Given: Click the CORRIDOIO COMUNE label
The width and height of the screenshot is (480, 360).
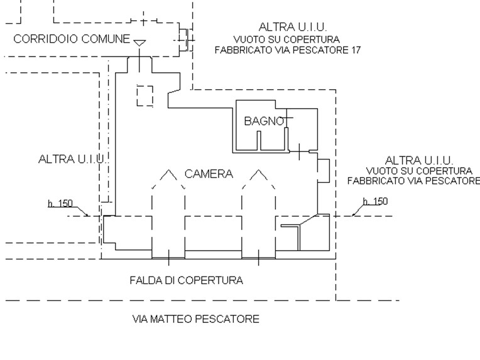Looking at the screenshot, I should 72,39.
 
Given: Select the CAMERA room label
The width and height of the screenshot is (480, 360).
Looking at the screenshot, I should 209,174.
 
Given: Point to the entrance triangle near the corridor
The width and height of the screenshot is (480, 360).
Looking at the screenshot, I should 139,43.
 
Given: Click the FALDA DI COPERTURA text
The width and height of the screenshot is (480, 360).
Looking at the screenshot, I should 186,280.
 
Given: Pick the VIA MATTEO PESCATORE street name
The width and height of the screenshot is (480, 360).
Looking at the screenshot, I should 195,319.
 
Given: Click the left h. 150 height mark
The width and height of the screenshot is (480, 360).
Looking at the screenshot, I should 60,204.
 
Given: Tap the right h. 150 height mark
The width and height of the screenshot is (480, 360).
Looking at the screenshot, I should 375,202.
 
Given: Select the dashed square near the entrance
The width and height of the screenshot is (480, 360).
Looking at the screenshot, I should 145,95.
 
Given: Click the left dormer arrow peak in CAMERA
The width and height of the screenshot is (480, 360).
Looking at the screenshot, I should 168,171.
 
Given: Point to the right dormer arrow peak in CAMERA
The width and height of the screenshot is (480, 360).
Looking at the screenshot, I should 259,171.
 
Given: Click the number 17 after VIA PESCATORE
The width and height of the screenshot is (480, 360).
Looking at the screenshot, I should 355,50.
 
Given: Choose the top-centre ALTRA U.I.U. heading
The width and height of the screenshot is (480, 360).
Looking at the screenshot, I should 293,26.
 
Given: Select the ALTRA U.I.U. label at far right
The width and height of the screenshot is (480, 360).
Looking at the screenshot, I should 418,160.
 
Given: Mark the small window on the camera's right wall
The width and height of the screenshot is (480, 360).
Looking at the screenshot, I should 324,170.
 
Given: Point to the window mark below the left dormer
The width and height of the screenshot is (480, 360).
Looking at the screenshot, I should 168,256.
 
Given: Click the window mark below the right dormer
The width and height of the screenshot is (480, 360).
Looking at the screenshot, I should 259,256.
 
